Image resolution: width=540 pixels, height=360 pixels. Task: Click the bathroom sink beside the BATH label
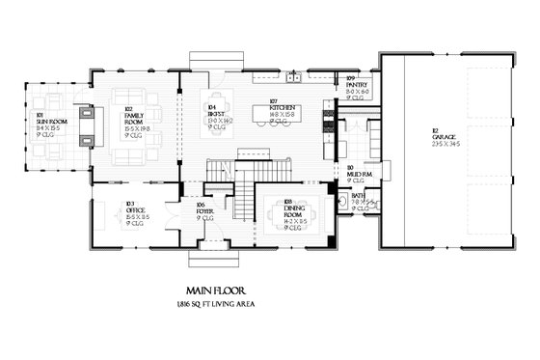(344, 201)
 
